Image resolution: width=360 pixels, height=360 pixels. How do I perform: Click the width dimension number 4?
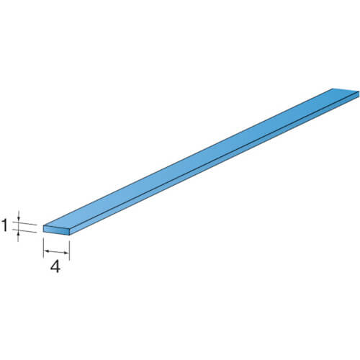point(55,266)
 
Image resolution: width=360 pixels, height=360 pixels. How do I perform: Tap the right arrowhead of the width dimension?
point(66,253)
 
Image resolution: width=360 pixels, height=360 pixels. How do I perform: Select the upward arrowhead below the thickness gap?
point(18,233)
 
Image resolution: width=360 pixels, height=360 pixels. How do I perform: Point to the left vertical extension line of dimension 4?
point(43,248)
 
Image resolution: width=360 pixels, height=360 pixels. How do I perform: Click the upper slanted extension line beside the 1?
point(24,223)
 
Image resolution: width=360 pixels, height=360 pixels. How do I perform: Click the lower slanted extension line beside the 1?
point(24,230)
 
